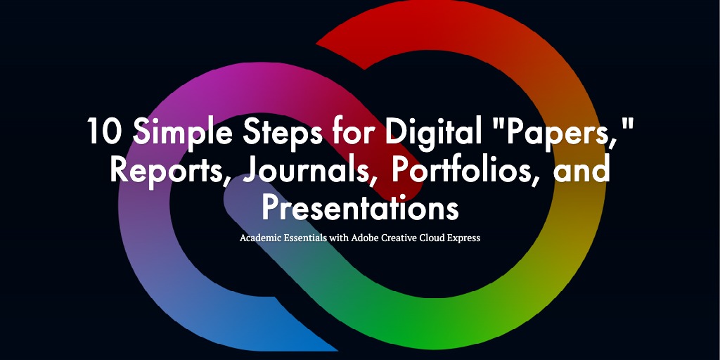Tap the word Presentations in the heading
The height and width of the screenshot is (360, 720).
[360, 207]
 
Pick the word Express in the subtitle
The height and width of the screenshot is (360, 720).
[463, 238]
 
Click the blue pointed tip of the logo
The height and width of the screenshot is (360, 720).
[337, 350]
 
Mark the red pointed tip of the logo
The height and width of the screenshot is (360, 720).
[316, 44]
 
